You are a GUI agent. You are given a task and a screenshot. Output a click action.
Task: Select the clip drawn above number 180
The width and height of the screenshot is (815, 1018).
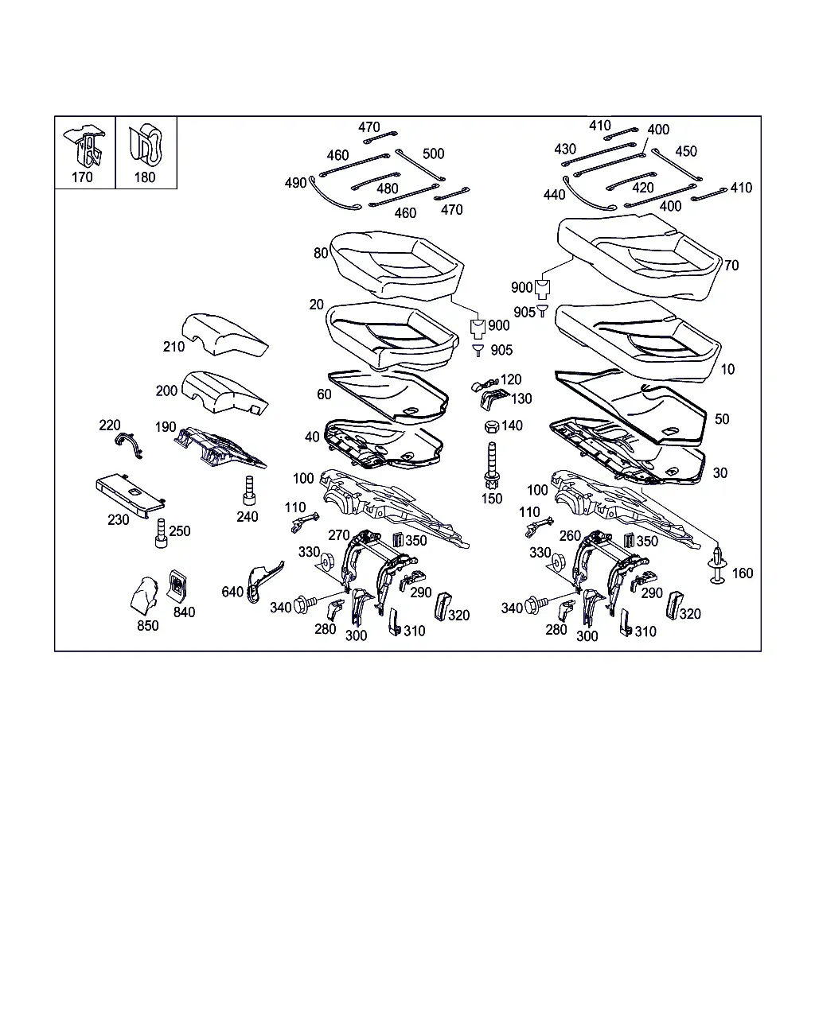(x=146, y=145)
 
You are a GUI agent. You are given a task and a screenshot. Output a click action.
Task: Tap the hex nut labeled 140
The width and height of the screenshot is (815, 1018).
(x=492, y=426)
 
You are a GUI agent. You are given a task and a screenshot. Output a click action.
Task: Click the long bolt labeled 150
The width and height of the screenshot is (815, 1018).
(x=492, y=466)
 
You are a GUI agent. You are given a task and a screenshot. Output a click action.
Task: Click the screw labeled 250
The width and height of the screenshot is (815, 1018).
(x=161, y=533)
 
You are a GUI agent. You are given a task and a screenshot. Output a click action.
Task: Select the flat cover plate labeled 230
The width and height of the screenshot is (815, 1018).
(x=131, y=495)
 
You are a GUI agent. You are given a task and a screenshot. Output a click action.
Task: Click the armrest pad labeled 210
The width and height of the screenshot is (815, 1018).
(x=224, y=334)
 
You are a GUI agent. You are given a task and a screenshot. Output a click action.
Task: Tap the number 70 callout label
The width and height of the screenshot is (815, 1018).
(x=731, y=266)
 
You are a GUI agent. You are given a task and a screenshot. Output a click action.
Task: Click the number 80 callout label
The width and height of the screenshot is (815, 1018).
(x=321, y=253)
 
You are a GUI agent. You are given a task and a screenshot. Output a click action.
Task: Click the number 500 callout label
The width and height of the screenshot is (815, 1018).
(x=433, y=153)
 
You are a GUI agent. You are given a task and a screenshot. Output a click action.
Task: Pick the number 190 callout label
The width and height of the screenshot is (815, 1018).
(x=166, y=427)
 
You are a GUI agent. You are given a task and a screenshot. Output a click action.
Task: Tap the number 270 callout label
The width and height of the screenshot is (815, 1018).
(x=338, y=535)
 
